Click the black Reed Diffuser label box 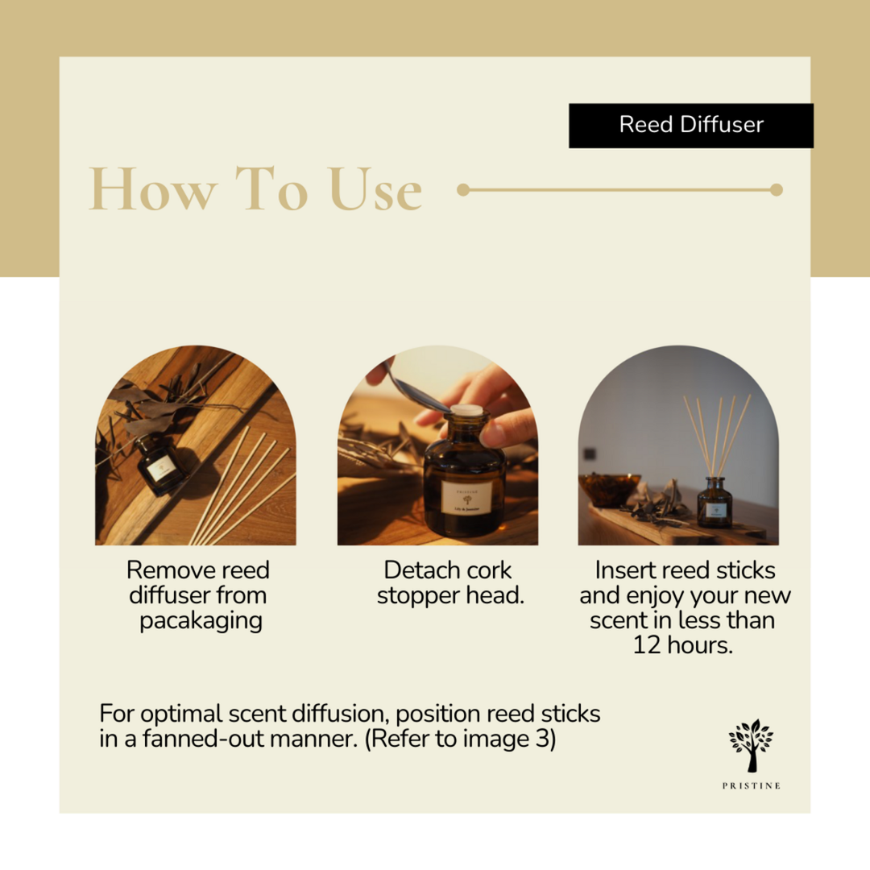tap(691, 126)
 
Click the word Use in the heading tap(375, 190)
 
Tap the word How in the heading tap(153, 190)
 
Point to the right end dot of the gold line tap(776, 190)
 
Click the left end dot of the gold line tap(463, 190)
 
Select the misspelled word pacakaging tap(201, 621)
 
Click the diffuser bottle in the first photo tap(161, 466)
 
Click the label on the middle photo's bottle tap(466, 497)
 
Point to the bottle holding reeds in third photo tap(715, 503)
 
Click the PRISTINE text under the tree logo tap(751, 785)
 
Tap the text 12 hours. tap(682, 646)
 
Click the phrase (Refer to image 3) tap(460, 739)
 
